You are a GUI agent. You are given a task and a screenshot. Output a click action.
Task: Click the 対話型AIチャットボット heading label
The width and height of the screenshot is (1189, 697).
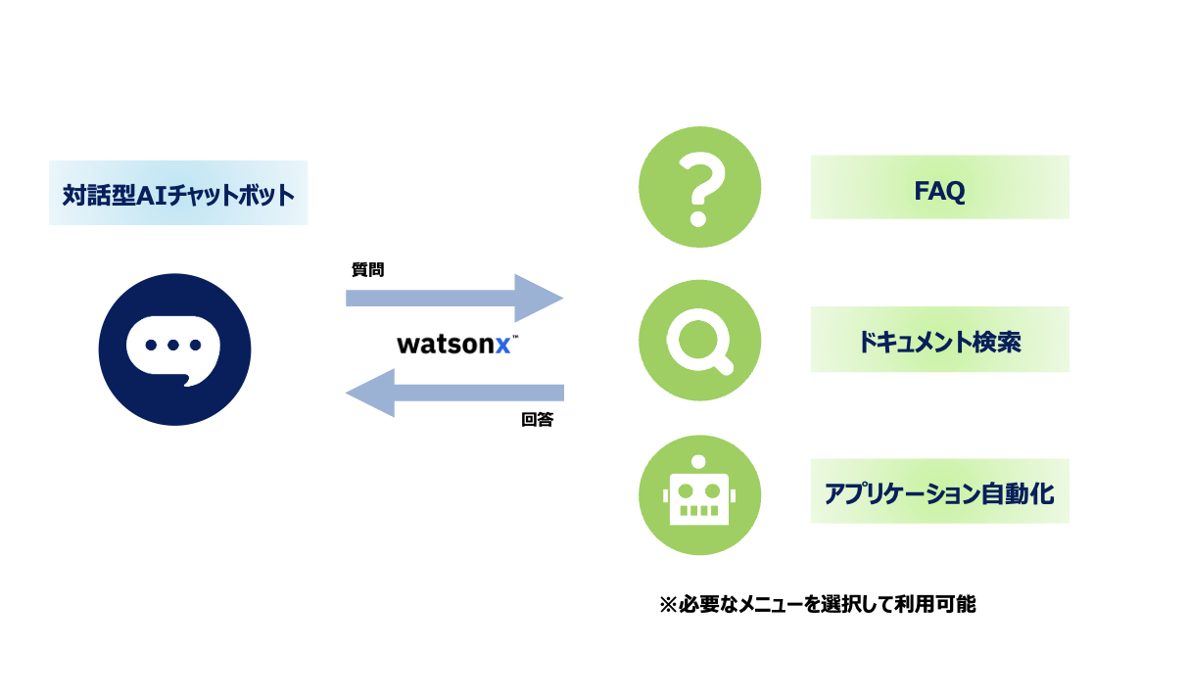point(178,194)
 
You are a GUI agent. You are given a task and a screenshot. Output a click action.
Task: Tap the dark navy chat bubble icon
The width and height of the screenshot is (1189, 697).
point(174,349)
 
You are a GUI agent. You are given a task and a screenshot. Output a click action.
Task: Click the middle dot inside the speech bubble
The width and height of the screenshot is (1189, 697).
point(173,346)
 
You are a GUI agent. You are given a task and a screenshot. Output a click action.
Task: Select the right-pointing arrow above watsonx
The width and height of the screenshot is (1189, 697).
point(454,299)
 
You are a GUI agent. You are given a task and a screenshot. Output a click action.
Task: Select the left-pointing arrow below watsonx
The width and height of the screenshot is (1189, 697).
point(454,394)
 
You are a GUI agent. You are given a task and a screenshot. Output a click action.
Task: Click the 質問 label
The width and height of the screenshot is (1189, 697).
point(368,269)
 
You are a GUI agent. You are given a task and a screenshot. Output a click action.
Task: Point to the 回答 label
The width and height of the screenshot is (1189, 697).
point(537,420)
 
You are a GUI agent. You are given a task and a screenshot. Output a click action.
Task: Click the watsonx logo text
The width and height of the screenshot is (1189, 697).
point(457,344)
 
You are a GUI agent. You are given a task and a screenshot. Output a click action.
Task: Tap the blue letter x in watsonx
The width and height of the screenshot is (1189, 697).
point(502,346)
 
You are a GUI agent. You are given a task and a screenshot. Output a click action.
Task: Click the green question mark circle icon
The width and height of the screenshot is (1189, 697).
point(699,187)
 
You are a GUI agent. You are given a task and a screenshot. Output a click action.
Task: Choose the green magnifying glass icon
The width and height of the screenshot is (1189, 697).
point(699,340)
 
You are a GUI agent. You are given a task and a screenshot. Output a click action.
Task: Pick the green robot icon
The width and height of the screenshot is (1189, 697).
point(699,495)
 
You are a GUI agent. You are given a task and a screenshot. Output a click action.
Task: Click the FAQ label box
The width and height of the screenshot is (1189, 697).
point(939,187)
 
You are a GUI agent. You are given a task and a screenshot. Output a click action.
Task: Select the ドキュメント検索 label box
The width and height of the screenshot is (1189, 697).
point(939,340)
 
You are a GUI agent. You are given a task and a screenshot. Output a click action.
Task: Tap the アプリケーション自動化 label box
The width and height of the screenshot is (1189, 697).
point(939,491)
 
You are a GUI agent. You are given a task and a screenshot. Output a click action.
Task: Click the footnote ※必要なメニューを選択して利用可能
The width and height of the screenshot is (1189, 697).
point(818,604)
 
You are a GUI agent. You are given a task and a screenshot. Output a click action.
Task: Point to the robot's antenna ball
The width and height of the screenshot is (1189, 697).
point(698,461)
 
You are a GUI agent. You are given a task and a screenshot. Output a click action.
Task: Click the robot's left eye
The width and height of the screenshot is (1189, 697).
point(686,491)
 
